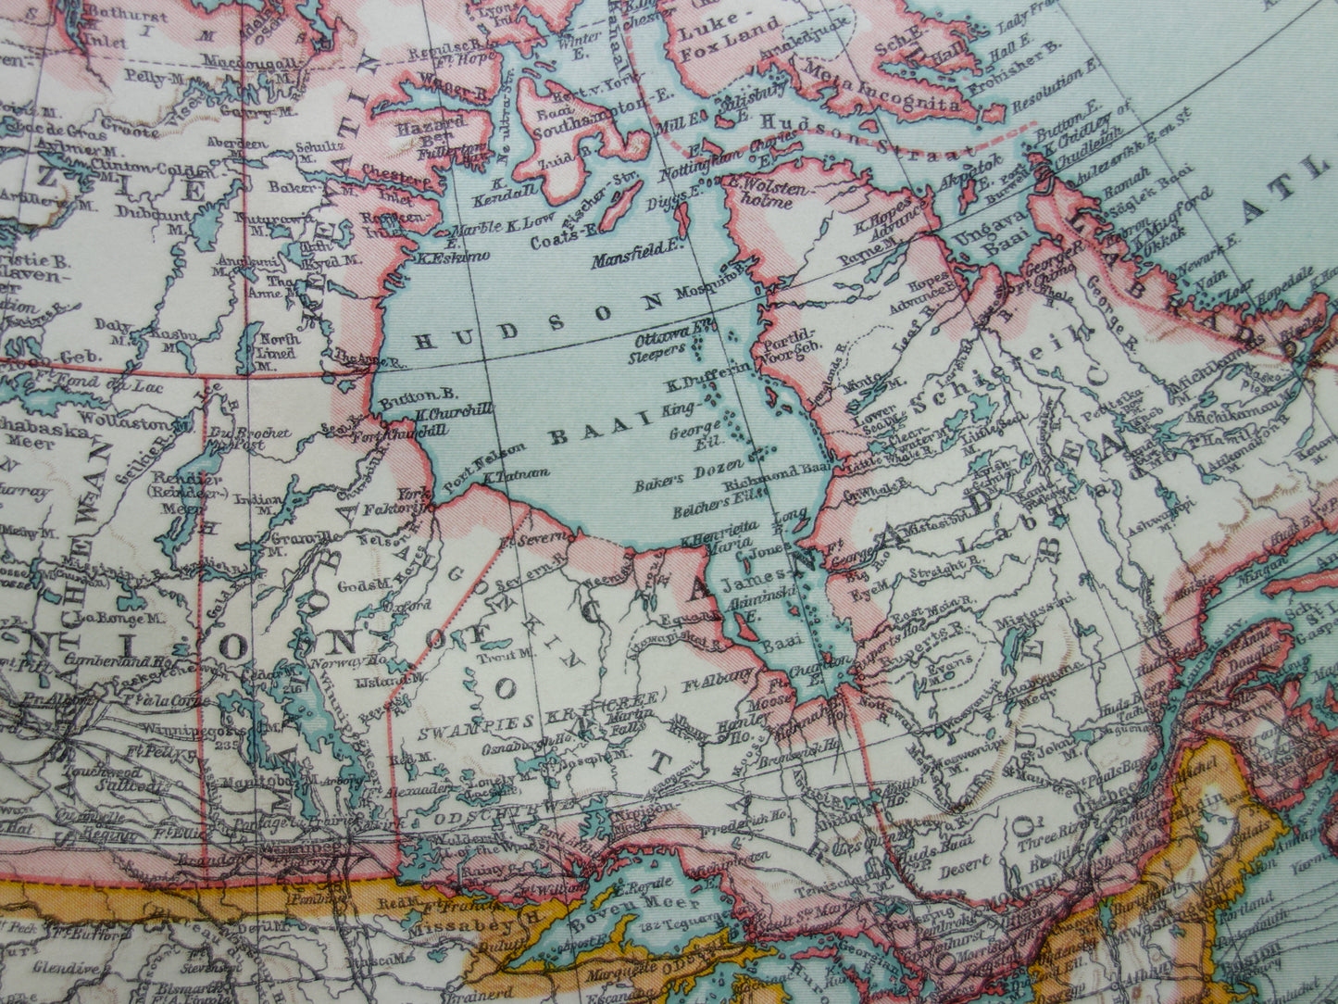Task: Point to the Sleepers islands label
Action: pyautogui.click(x=657, y=350)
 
